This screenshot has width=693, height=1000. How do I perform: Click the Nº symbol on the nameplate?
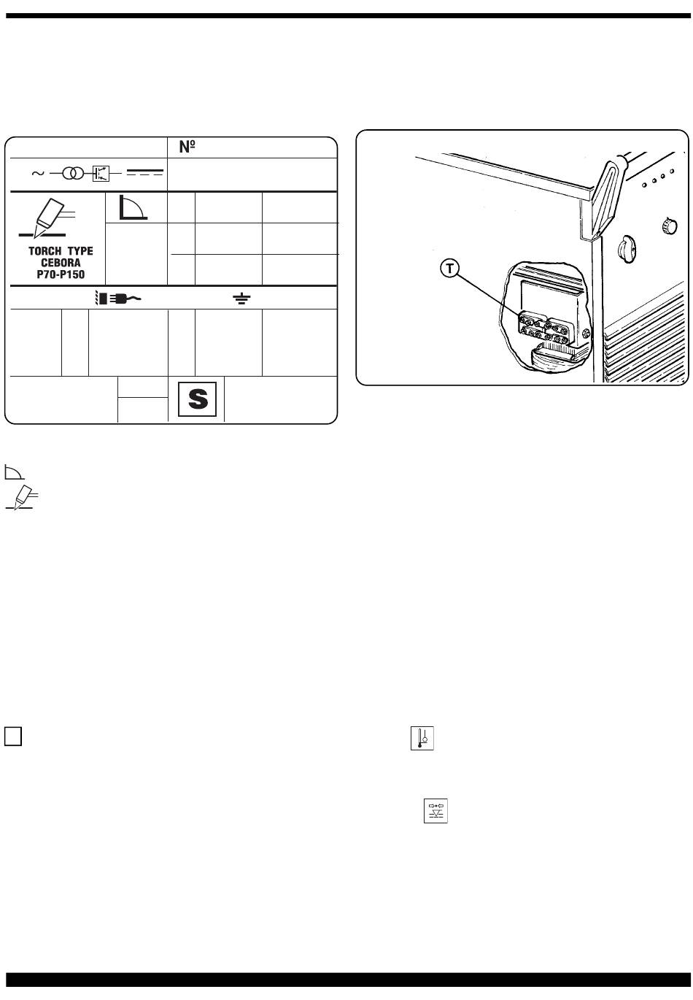click(189, 147)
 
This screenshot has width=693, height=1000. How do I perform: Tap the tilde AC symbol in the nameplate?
click(37, 174)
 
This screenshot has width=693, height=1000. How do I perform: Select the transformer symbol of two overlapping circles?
click(73, 174)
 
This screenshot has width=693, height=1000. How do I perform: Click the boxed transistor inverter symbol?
click(101, 174)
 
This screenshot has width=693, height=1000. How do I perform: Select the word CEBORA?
click(61, 263)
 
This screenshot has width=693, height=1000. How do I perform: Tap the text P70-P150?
click(61, 274)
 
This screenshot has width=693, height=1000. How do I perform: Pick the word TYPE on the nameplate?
click(80, 252)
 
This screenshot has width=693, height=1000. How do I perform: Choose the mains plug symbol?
click(117, 299)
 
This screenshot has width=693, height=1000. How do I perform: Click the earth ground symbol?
click(241, 299)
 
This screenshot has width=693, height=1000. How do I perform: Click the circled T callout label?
click(451, 269)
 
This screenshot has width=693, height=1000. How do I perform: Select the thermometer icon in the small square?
click(422, 738)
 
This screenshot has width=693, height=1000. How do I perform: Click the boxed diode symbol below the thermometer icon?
click(435, 811)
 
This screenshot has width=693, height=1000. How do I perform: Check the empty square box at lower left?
click(13, 736)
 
